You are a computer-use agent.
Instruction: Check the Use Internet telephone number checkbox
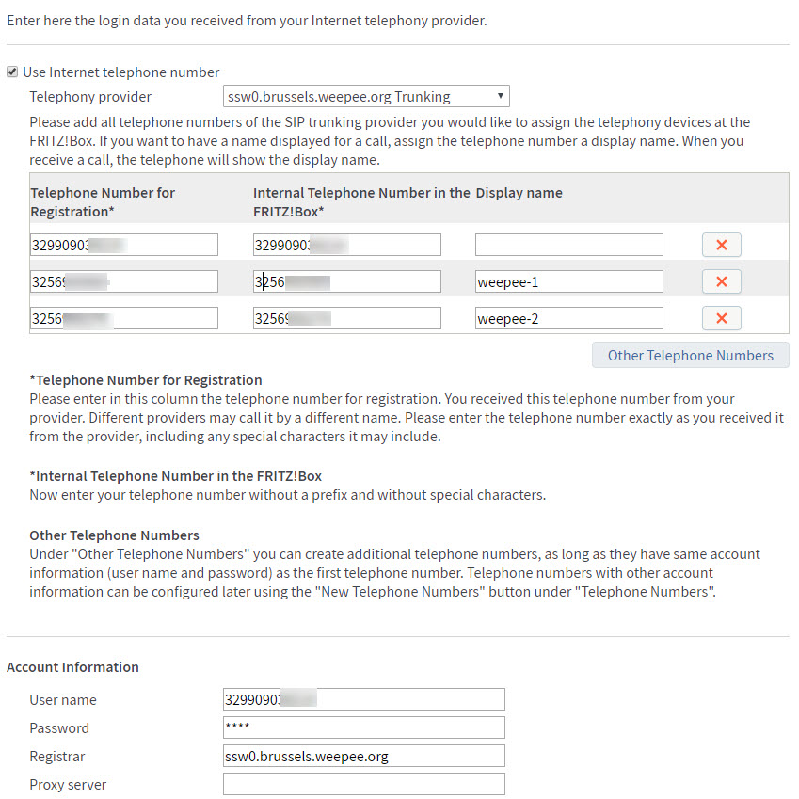(12, 72)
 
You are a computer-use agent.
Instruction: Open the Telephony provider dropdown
(366, 96)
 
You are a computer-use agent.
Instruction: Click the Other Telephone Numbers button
(690, 355)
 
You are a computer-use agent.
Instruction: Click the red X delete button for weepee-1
(721, 281)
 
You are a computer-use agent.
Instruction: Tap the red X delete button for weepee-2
(721, 318)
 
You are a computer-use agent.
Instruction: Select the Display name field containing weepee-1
(568, 281)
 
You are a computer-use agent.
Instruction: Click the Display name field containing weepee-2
(568, 318)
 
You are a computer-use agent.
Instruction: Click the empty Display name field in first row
(568, 245)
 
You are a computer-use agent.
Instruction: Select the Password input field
(363, 727)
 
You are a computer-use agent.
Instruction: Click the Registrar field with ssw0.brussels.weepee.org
(363, 756)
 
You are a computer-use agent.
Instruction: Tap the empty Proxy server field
(363, 784)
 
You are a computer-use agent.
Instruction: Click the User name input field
(363, 699)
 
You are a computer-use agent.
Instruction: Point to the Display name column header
(519, 193)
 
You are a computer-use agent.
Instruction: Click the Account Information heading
(72, 667)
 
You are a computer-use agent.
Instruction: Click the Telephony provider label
(90, 97)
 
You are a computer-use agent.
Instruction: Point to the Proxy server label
(68, 785)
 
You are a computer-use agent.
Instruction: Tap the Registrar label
(57, 757)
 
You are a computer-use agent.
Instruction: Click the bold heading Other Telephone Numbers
(114, 535)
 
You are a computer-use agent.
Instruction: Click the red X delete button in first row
(721, 245)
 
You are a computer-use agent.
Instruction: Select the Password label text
(59, 728)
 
